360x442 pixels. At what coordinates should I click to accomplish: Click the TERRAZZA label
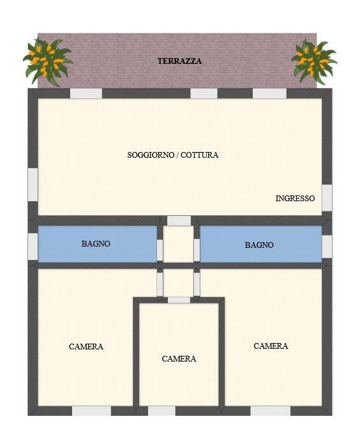179,61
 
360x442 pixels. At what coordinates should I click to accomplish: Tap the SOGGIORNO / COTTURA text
172,155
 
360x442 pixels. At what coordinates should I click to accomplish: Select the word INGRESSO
295,199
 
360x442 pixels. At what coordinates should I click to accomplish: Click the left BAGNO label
96,244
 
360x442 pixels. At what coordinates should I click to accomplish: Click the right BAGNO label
259,245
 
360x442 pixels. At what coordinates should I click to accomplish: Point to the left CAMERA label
86,347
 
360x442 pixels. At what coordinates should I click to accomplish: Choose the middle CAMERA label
179,359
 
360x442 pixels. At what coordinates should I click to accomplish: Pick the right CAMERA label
271,346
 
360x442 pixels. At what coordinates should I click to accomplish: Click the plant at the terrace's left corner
47,61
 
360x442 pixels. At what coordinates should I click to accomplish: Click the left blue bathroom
97,244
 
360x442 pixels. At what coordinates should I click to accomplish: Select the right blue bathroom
260,244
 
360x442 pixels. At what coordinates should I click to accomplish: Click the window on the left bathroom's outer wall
33,246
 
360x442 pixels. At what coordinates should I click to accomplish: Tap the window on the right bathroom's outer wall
327,247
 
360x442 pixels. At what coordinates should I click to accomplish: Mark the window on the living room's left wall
33,184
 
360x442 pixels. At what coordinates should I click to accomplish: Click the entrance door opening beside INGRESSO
327,197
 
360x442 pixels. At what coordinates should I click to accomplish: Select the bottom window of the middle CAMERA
161,411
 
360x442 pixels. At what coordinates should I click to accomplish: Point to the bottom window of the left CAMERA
91,411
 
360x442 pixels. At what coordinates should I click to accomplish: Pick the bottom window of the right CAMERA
270,411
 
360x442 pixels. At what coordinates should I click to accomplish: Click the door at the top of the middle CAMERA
179,300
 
